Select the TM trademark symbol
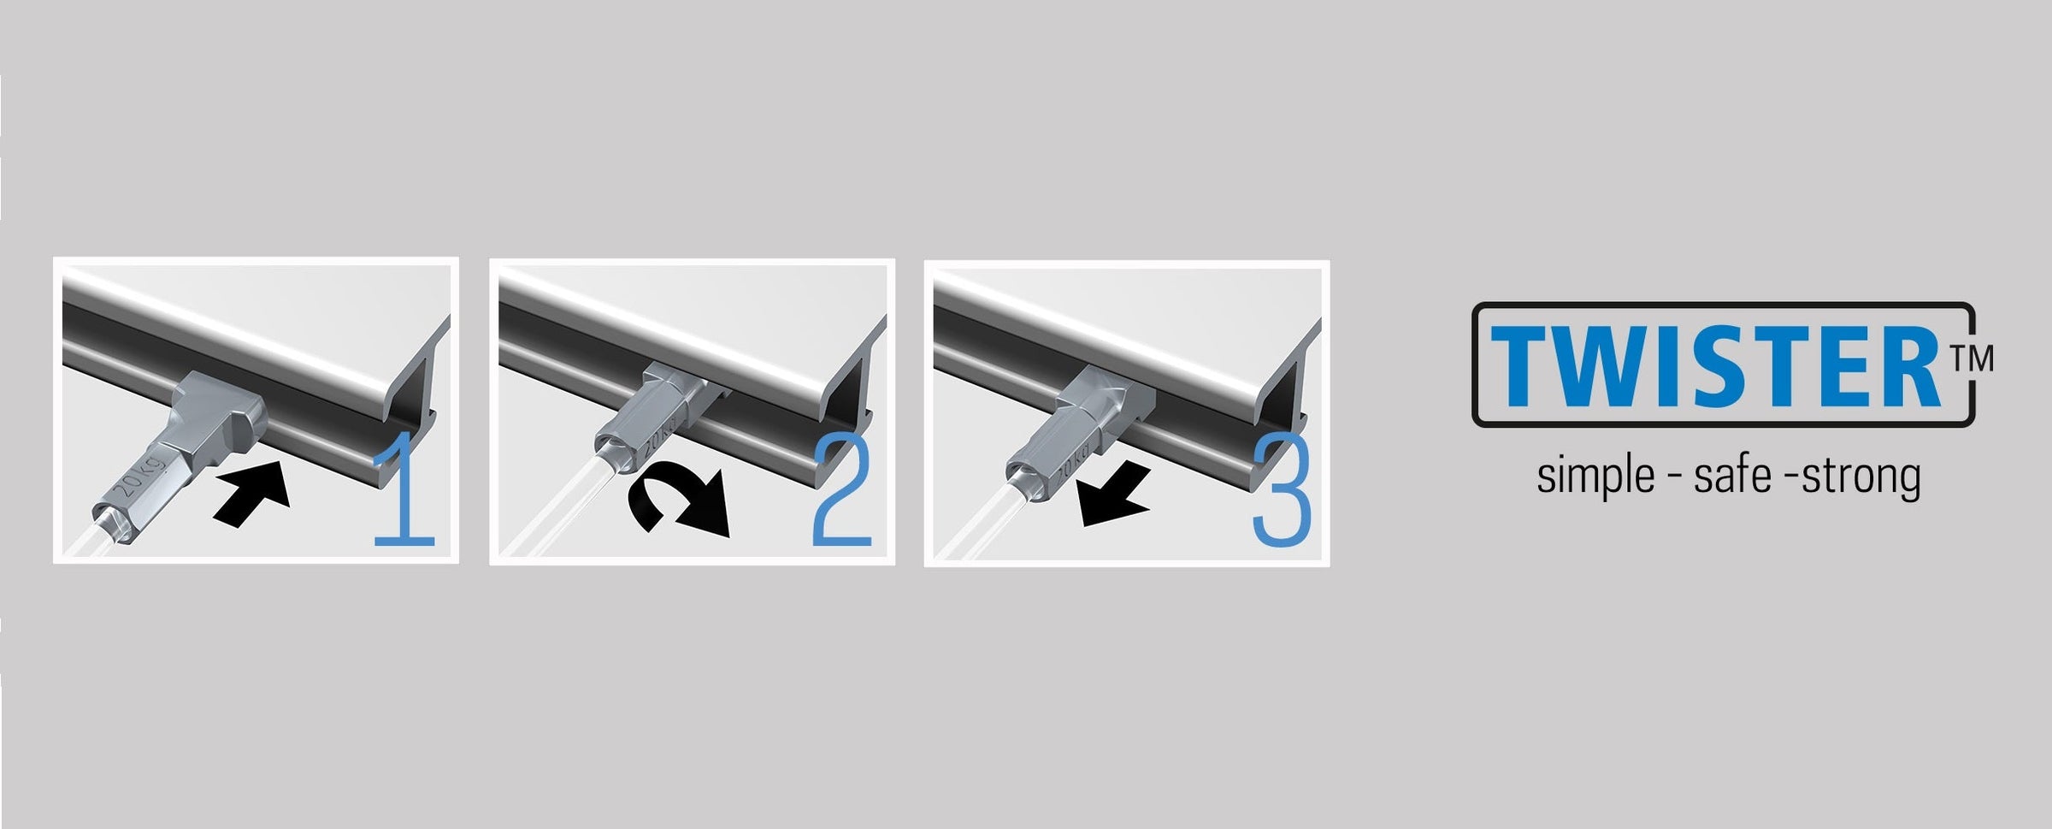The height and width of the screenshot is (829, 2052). pos(1972,358)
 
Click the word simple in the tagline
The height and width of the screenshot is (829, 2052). pos(1595,477)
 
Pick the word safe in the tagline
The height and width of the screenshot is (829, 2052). pos(1732,476)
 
